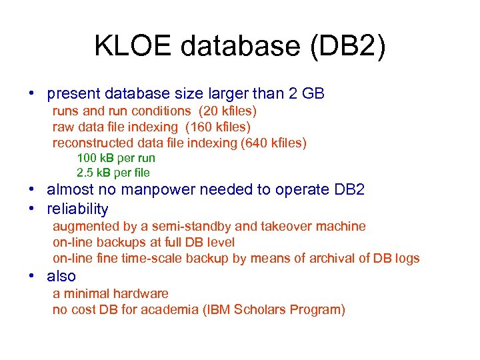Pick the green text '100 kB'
pyautogui.click(x=95, y=158)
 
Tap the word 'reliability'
pyautogui.click(x=77, y=209)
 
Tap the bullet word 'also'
pyautogui.click(x=61, y=276)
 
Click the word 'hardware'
pyautogui.click(x=140, y=293)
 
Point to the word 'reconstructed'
pyautogui.click(x=93, y=143)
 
